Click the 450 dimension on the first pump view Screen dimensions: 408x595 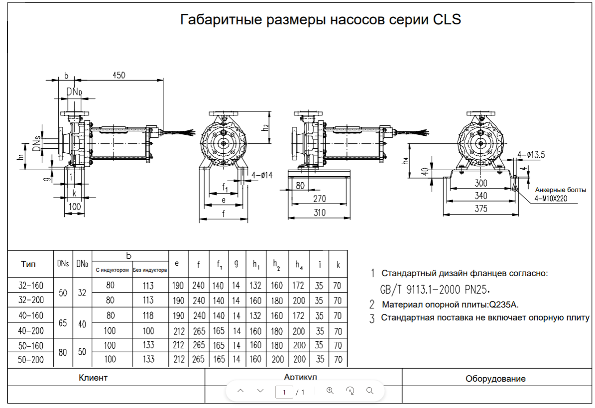119,75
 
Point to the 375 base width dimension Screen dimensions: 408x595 480,209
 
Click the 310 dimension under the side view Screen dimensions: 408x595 319,212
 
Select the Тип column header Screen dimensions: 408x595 28,264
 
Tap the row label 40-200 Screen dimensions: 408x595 30,331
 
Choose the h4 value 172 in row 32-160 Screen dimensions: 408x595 299,286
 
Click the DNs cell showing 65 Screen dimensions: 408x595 63,323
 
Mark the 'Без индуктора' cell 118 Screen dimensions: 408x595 148,315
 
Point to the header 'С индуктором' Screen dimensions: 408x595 113,270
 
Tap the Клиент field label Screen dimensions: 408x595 93,378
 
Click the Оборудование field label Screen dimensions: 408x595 495,379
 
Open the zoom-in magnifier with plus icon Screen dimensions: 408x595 330,391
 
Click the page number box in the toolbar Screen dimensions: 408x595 284,392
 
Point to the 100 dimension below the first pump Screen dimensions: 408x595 74,206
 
